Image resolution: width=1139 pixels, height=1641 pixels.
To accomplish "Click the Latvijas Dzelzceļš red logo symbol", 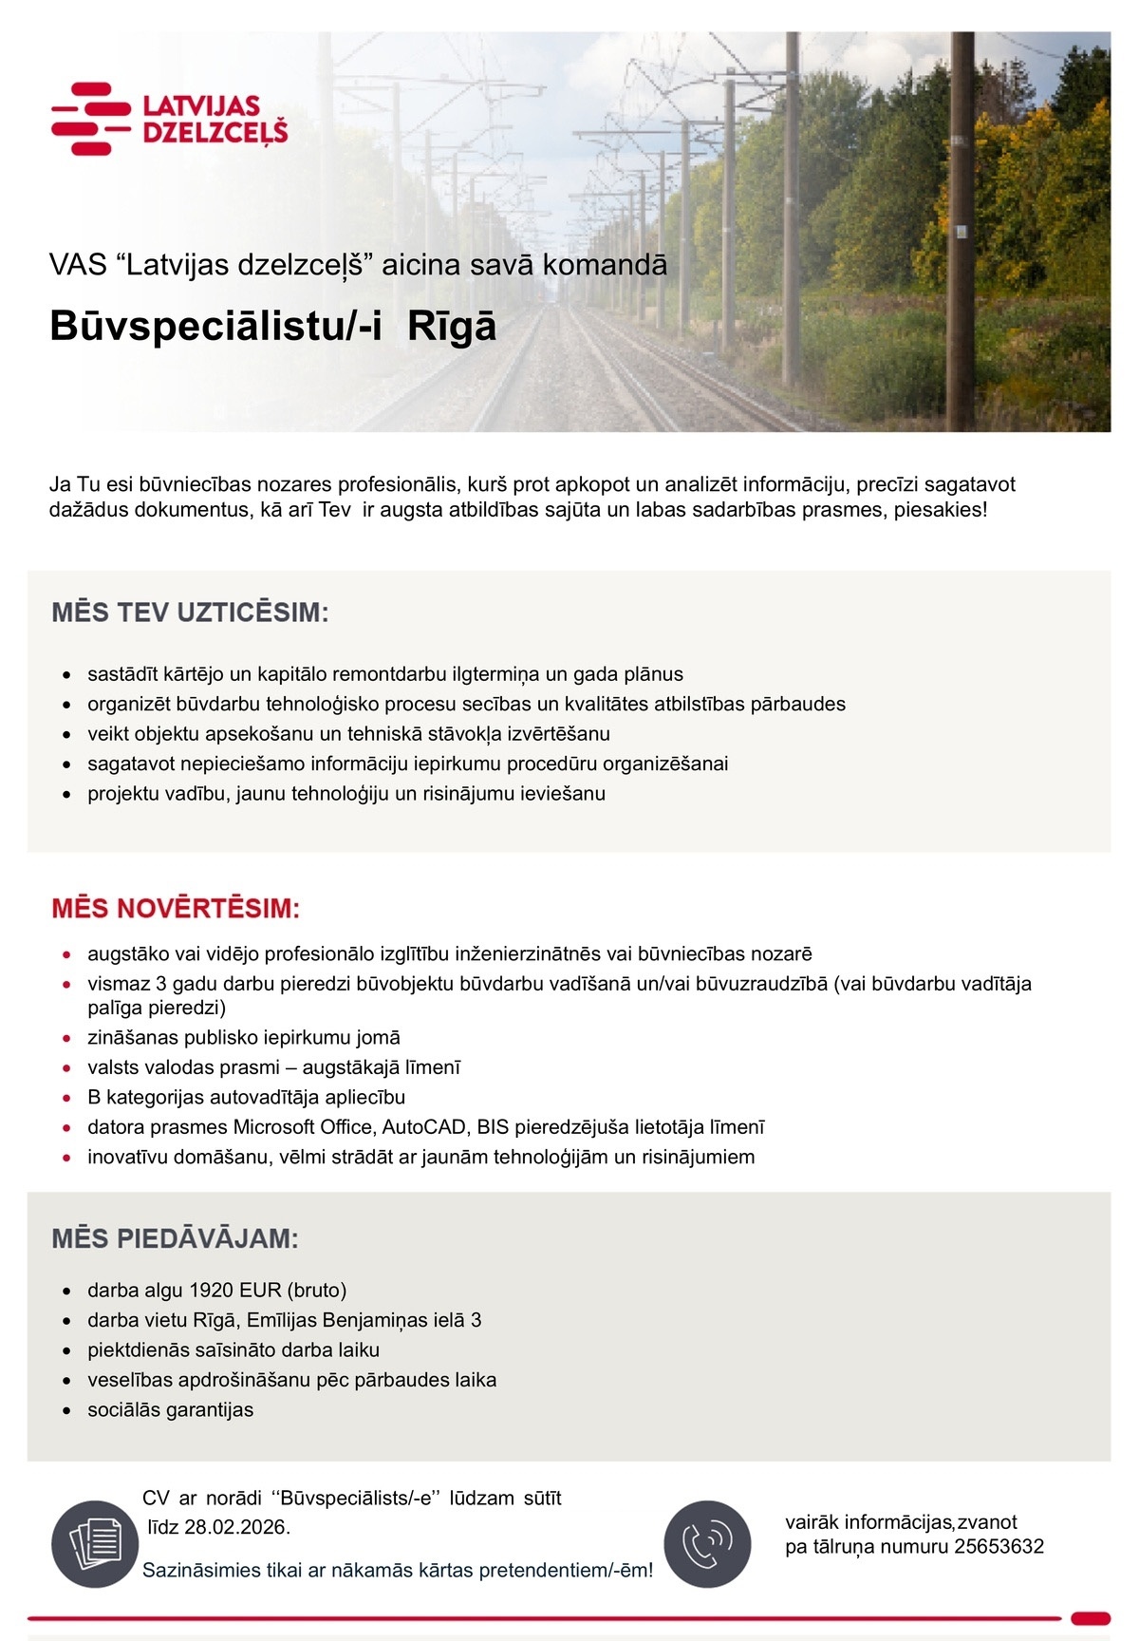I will tap(91, 119).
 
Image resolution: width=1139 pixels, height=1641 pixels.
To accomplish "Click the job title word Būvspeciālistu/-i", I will tap(215, 327).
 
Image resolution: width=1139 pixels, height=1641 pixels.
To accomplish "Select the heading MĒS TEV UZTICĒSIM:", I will tap(190, 613).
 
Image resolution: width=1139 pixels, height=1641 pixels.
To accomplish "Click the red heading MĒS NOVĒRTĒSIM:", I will tap(176, 909).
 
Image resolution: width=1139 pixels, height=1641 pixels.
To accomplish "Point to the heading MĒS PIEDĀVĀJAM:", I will tap(175, 1238).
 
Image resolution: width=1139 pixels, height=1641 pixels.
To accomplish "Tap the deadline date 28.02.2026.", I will tap(236, 1527).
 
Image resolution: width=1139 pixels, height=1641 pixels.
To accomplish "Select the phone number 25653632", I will tap(999, 1546).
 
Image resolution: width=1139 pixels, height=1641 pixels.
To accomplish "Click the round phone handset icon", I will tap(707, 1543).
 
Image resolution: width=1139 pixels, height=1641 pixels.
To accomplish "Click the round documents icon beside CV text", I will tap(94, 1543).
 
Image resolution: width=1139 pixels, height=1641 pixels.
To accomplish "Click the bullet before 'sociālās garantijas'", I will tap(66, 1410).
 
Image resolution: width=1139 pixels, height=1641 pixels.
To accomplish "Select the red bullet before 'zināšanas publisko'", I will tap(66, 1038).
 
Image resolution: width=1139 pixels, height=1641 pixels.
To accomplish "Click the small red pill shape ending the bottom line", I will tap(1090, 1618).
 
